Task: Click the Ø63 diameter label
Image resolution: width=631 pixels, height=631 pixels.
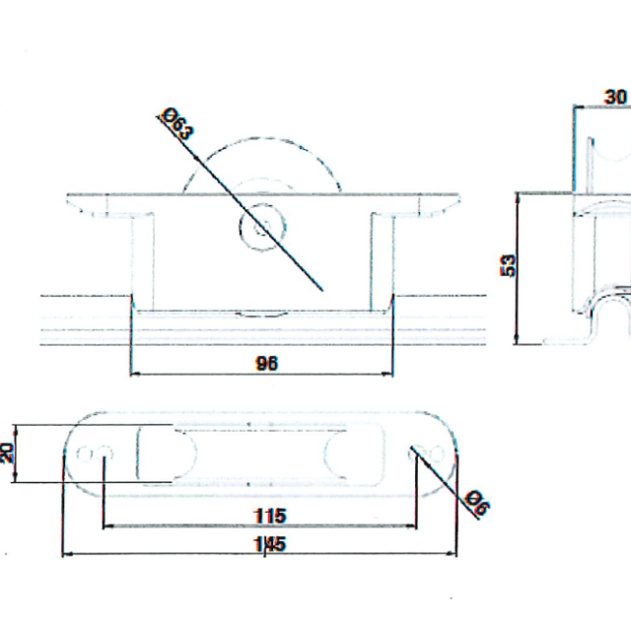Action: (x=177, y=123)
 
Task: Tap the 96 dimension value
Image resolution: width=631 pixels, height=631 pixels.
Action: (x=266, y=364)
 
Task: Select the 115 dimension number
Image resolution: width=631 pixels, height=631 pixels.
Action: (x=270, y=516)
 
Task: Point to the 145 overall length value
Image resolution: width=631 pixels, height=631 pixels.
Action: (x=270, y=544)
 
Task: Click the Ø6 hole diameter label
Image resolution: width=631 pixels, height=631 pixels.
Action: (x=477, y=502)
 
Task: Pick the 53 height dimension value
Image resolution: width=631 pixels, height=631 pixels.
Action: (x=508, y=265)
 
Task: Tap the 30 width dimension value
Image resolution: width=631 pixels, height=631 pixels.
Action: (x=615, y=97)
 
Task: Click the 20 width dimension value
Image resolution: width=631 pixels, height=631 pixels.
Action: (x=7, y=453)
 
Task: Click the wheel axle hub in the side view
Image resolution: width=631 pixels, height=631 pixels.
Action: (x=262, y=228)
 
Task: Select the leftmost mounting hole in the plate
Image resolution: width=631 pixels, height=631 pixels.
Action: (x=85, y=454)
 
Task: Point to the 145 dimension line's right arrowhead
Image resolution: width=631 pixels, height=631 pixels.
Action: (x=452, y=553)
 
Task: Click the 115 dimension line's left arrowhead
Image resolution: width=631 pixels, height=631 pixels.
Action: (x=108, y=526)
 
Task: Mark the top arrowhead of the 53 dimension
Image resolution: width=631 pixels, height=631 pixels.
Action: (x=518, y=198)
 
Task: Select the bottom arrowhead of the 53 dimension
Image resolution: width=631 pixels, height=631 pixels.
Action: (x=518, y=339)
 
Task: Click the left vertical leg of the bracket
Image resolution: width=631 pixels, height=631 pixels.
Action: (x=142, y=261)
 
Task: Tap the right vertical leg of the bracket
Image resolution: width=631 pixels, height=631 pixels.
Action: (x=383, y=261)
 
